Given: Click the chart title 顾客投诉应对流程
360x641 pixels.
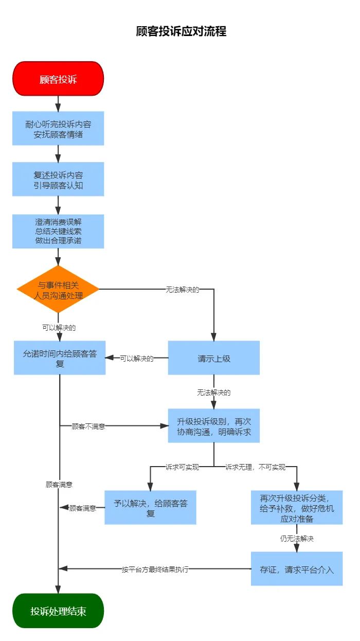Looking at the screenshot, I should [181, 31].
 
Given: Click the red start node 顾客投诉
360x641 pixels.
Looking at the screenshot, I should [58, 79].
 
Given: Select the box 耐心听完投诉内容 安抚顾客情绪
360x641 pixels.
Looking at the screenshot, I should [58, 129].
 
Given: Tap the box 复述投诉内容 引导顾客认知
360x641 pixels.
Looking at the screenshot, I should [58, 180].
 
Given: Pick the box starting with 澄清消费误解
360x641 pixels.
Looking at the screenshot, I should [58, 231].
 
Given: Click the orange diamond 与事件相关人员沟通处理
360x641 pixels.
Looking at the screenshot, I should [58, 289].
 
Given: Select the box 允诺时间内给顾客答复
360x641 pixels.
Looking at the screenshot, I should [60, 358].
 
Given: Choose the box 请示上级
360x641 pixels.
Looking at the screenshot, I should [214, 358].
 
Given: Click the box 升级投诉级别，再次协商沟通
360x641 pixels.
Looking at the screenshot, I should [214, 426].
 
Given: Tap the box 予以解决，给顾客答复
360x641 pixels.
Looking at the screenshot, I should [150, 508].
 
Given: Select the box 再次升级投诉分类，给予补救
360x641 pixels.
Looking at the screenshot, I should [297, 508].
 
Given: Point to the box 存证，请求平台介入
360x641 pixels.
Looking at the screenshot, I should [297, 569].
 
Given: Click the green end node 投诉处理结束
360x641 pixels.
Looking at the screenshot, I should [58, 611].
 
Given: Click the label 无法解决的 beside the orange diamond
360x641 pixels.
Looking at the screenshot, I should [182, 290].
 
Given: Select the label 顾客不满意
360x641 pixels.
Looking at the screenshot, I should [88, 426].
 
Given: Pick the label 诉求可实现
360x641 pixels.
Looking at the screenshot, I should [182, 467].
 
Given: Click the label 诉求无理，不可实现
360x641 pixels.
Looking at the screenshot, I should [255, 467].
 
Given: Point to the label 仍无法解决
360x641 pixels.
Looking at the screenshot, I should [297, 539].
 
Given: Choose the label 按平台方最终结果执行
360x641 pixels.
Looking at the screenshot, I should [155, 569].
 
